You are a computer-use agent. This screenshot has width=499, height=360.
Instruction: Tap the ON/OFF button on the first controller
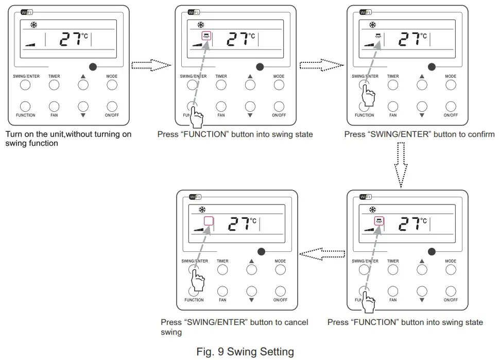(112, 106)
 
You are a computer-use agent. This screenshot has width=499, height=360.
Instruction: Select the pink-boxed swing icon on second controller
(206, 36)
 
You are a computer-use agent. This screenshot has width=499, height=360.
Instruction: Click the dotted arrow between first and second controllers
(151, 65)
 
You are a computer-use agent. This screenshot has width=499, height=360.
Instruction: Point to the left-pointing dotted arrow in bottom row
(322, 252)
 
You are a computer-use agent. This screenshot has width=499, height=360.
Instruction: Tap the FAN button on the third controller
(393, 106)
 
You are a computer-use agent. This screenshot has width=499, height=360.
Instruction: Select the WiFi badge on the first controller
(27, 12)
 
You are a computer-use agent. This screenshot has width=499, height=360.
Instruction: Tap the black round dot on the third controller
(432, 66)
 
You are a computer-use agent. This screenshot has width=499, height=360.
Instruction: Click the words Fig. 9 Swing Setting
(245, 352)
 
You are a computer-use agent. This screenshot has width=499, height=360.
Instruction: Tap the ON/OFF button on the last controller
(280, 291)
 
